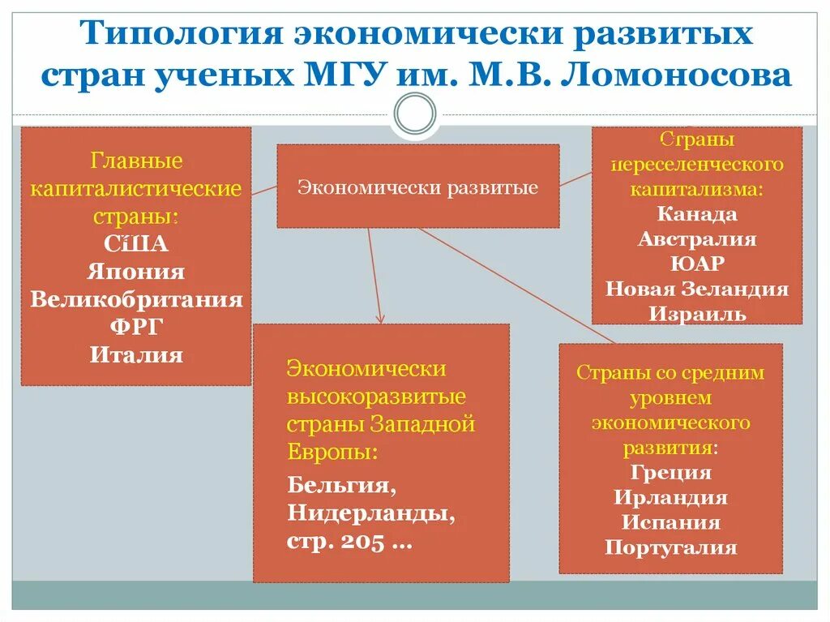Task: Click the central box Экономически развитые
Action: point(417,187)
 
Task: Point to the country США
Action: point(136,244)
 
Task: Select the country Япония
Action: point(136,272)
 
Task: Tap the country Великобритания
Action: point(136,299)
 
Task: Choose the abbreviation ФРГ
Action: point(136,327)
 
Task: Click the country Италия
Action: point(136,354)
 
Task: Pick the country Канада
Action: point(697,214)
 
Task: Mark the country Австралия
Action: point(697,239)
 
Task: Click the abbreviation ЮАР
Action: point(697,264)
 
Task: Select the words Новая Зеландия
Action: point(697,290)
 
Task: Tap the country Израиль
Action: point(697,315)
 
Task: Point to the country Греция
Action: point(670,473)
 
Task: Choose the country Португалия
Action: point(670,547)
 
